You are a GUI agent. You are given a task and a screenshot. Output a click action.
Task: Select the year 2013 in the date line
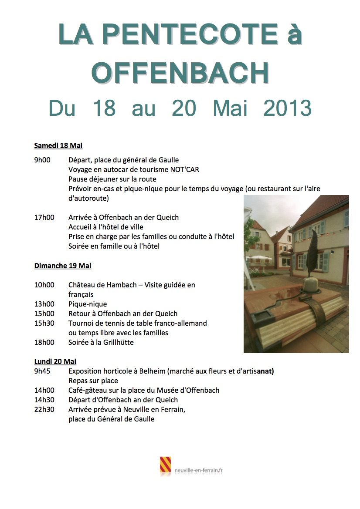287,108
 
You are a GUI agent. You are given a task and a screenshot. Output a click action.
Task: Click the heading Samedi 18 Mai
58,145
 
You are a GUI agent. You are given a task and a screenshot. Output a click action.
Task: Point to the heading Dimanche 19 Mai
63,266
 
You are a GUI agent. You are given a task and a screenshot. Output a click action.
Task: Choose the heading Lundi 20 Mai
55,361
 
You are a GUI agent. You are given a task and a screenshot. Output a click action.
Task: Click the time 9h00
42,160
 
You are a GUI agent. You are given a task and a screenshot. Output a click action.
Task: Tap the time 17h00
44,217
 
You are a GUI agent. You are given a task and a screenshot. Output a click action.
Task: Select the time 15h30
44,323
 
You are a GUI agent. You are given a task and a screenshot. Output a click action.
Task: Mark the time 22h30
44,409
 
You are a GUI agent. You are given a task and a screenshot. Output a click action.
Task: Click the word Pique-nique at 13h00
88,304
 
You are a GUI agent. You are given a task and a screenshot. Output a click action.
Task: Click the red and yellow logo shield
165,465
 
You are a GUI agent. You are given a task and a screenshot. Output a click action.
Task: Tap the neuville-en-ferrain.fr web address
199,470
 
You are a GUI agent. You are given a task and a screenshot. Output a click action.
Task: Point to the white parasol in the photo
259,259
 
